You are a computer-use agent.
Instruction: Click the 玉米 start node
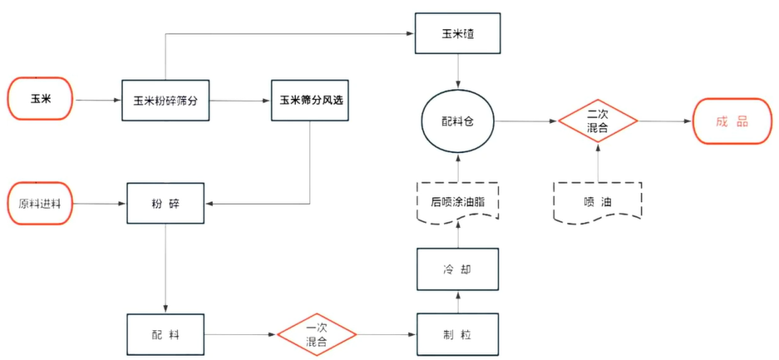pos(42,99)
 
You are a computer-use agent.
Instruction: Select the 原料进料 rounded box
pos(40,203)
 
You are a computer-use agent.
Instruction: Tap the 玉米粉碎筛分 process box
pos(165,101)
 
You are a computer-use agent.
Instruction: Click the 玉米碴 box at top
pos(457,34)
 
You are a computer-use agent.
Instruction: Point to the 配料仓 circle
pos(457,121)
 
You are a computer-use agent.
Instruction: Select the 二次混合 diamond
pos(597,121)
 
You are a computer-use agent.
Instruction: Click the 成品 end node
pos(732,121)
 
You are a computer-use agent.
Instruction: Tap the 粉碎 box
pos(166,203)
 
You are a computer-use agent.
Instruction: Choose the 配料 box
pos(166,335)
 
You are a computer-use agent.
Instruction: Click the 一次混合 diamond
pos(317,335)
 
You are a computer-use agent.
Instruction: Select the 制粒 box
pos(458,335)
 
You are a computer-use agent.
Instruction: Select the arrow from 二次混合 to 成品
pos(665,121)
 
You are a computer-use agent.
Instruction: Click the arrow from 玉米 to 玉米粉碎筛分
pos(98,100)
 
